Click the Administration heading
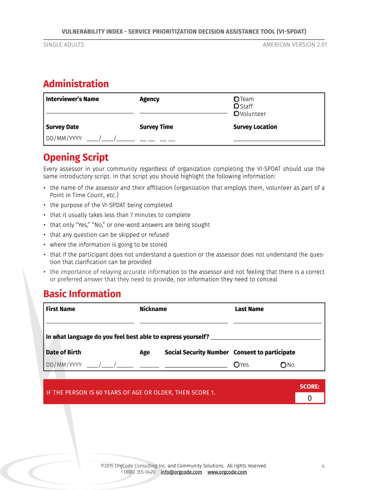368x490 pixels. point(76,84)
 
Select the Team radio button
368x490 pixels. point(236,99)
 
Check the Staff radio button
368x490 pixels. point(236,106)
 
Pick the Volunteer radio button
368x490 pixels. point(236,114)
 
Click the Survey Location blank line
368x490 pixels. point(277,139)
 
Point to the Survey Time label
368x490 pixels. point(156,127)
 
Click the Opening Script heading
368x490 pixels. point(76,157)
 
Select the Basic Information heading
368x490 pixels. point(82,294)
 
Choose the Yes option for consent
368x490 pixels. point(237,365)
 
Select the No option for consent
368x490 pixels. point(283,365)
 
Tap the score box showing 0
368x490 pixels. point(309,398)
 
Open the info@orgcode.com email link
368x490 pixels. point(181,472)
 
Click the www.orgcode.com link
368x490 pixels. point(227,472)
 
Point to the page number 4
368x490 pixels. point(323,466)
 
